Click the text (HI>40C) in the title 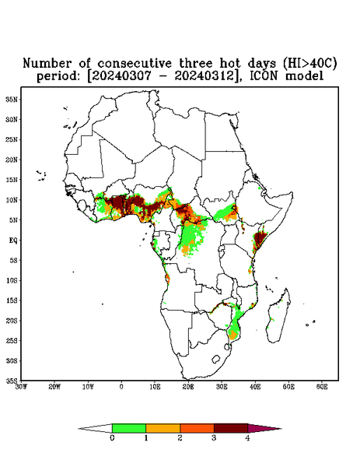(x=309, y=64)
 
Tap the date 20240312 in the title (x=205, y=76)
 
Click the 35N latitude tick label (x=12, y=100)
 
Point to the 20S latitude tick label (x=12, y=321)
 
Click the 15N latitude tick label (x=12, y=180)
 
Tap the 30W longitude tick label (x=22, y=387)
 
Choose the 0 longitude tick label (x=121, y=387)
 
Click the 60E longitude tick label (x=322, y=387)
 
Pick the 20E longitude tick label (x=188, y=387)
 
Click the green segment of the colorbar (x=129, y=428)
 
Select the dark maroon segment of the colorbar (x=231, y=428)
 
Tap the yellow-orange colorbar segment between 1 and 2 (x=163, y=428)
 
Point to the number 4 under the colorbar (x=247, y=438)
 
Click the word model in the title (x=304, y=76)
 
